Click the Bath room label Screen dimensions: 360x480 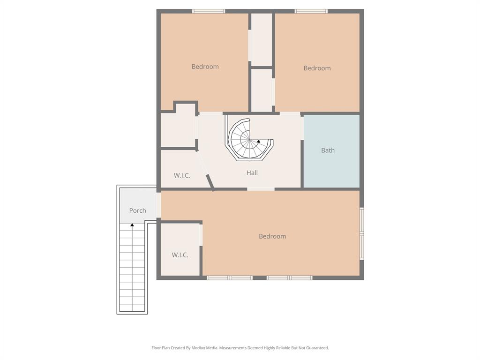pyautogui.click(x=328, y=150)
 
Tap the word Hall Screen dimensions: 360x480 pyautogui.click(x=252, y=173)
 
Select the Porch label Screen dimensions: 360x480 pyautogui.click(x=137, y=210)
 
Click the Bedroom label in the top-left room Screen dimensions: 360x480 pyautogui.click(x=205, y=67)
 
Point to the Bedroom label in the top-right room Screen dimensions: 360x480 pyautogui.click(x=317, y=68)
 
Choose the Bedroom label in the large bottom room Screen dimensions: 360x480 pyautogui.click(x=272, y=236)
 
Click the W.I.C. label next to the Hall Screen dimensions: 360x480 pyautogui.click(x=182, y=175)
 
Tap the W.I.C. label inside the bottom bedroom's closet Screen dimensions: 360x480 pyautogui.click(x=180, y=255)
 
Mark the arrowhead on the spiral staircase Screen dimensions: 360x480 pyautogui.click(x=258, y=141)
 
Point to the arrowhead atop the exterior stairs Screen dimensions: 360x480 pyautogui.click(x=132, y=225)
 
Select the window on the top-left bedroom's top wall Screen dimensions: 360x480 pyautogui.click(x=209, y=11)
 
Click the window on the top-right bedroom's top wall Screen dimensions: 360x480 pyautogui.click(x=311, y=11)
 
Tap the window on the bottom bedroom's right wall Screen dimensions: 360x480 pyautogui.click(x=361, y=233)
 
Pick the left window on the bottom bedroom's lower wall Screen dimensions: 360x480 pyautogui.click(x=230, y=278)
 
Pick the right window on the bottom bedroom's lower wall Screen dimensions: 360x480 pyautogui.click(x=289, y=278)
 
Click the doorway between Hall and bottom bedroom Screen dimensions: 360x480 pyautogui.click(x=261, y=189)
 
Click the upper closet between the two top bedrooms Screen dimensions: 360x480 pyautogui.click(x=262, y=39)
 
